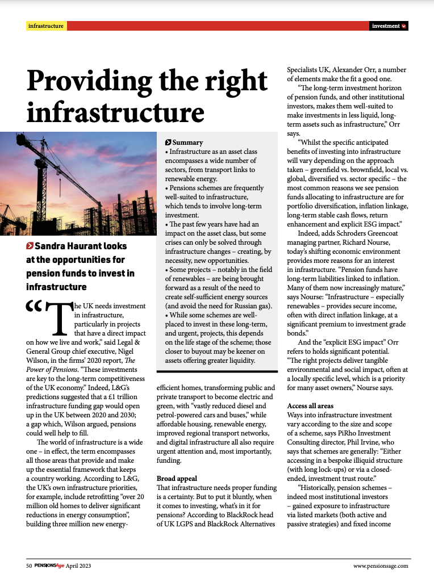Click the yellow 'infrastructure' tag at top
coord(46,26)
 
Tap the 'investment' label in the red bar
coord(386,26)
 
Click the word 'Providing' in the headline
coord(101,81)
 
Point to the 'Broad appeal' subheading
coord(177,479)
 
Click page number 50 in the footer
coord(29,566)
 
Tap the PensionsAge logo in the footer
coord(49,566)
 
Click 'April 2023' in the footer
coord(78,566)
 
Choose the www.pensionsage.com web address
coord(380,566)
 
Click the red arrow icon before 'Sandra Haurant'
coord(30,246)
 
